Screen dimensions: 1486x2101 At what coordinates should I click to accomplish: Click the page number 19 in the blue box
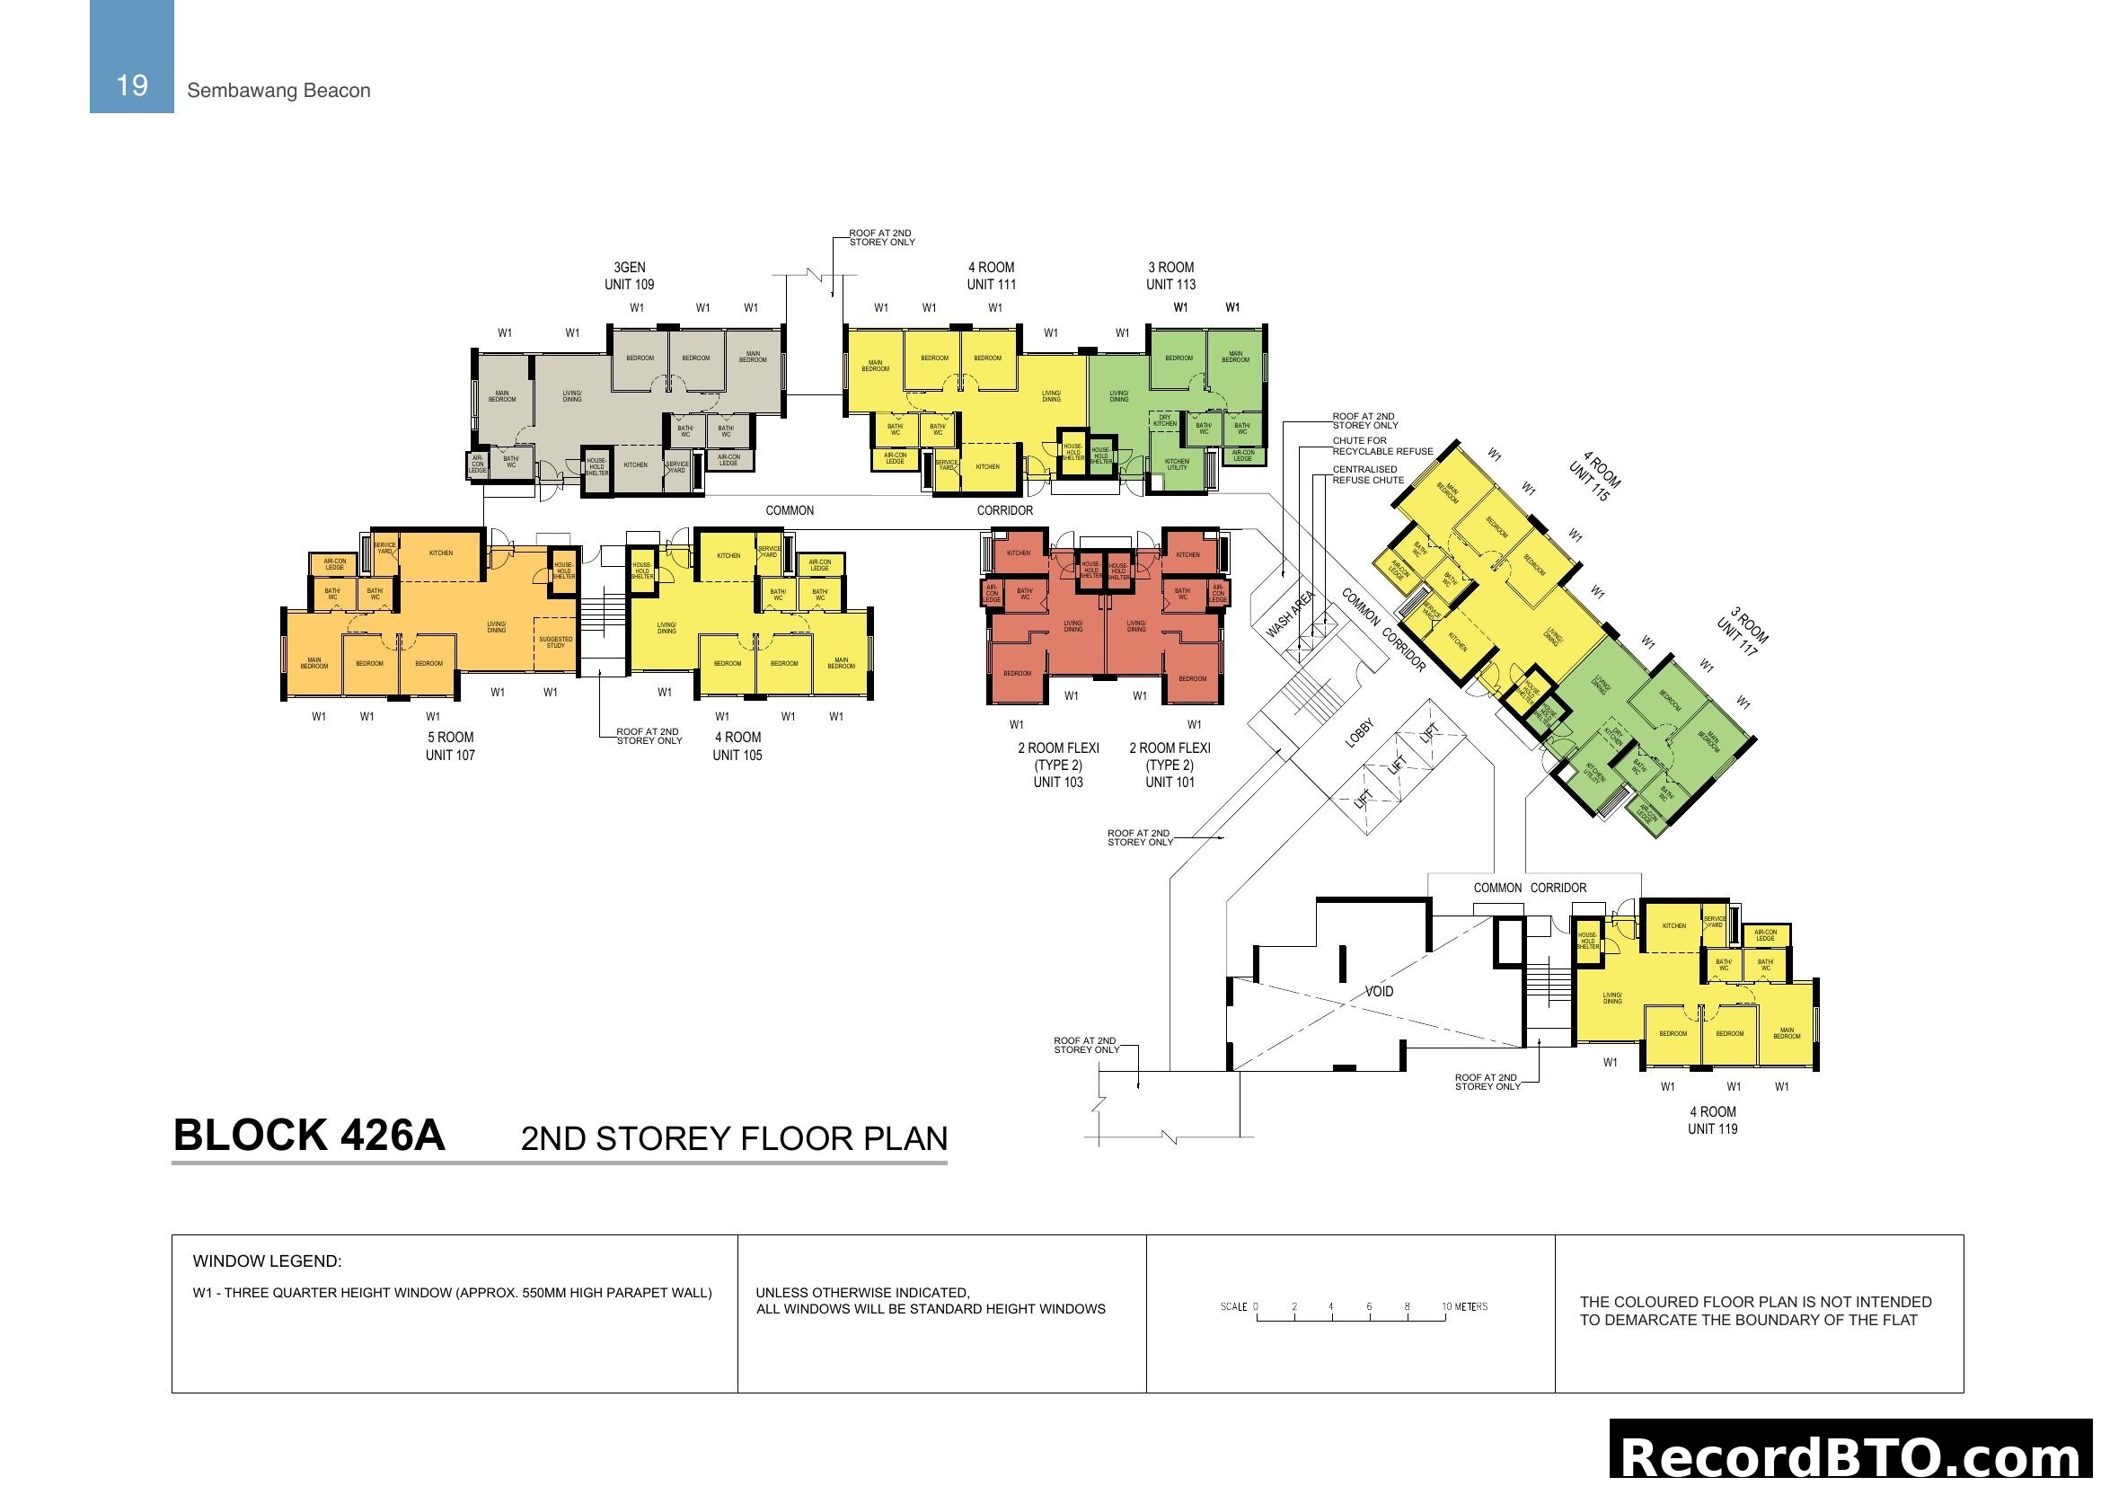[132, 85]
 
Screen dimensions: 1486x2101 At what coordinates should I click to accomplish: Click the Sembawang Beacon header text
[278, 91]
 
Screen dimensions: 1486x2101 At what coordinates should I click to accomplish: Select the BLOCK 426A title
[308, 1136]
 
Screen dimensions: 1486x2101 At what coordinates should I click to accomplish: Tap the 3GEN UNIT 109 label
[629, 276]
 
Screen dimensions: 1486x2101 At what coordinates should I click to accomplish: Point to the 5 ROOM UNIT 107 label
[449, 746]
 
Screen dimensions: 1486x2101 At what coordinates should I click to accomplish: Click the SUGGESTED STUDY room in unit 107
[555, 642]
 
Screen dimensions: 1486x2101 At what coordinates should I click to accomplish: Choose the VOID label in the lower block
[1379, 992]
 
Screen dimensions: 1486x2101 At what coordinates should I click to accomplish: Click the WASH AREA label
[1290, 614]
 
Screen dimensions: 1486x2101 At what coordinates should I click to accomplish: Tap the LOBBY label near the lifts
[1359, 733]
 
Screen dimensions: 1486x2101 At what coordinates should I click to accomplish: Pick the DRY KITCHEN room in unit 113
[1165, 420]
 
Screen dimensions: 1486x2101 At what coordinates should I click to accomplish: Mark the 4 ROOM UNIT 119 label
[1712, 1120]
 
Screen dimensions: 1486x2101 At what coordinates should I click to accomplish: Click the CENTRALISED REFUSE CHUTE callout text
[1367, 474]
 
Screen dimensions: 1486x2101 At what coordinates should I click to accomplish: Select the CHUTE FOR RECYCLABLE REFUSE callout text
[1382, 446]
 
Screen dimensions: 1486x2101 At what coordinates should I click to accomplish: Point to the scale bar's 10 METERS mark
[1464, 1306]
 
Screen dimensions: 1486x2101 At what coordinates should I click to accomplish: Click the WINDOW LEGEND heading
[266, 1260]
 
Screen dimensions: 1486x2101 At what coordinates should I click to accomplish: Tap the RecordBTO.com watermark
[1853, 1455]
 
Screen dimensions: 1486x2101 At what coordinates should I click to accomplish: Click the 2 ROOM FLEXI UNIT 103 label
[1058, 765]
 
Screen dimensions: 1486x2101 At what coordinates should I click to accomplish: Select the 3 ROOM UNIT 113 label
[1170, 276]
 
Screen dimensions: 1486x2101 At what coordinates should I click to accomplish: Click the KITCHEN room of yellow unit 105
[728, 555]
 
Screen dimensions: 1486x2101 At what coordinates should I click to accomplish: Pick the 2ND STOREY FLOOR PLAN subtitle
[734, 1138]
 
